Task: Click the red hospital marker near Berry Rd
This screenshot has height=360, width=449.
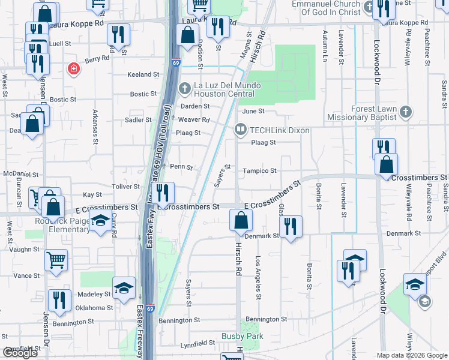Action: point(74,70)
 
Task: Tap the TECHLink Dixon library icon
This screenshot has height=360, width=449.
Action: point(241,129)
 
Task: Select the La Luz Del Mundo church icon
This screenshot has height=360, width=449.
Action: point(186,88)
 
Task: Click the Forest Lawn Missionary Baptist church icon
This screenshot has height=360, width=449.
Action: point(406,112)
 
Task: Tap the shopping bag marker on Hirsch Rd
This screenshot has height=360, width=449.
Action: point(241,220)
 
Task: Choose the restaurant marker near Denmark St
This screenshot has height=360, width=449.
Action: point(291,227)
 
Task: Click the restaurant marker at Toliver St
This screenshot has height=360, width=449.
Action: point(163,193)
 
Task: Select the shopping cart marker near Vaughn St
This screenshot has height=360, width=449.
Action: point(56,260)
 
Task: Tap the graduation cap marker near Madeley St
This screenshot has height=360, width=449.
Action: point(124,289)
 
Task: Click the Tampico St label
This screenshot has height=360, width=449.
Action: point(259,171)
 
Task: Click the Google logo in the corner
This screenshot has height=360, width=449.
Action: point(20,353)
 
